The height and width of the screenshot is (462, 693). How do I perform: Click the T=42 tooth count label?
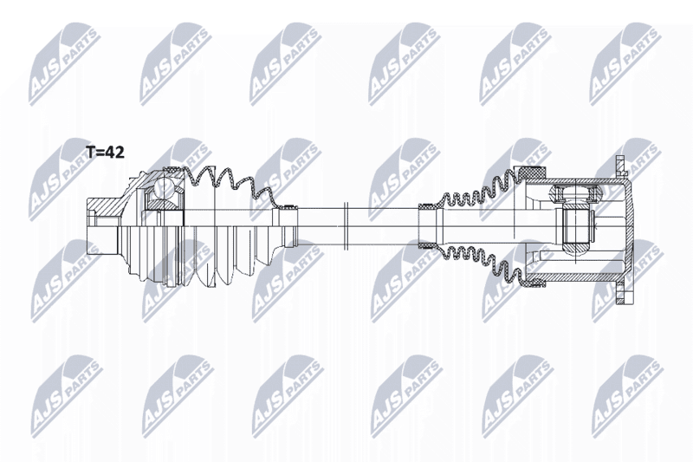coord(105,153)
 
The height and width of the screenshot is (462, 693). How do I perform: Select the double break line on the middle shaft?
coord(346,226)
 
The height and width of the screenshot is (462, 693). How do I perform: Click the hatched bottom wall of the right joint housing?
coord(574,278)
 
